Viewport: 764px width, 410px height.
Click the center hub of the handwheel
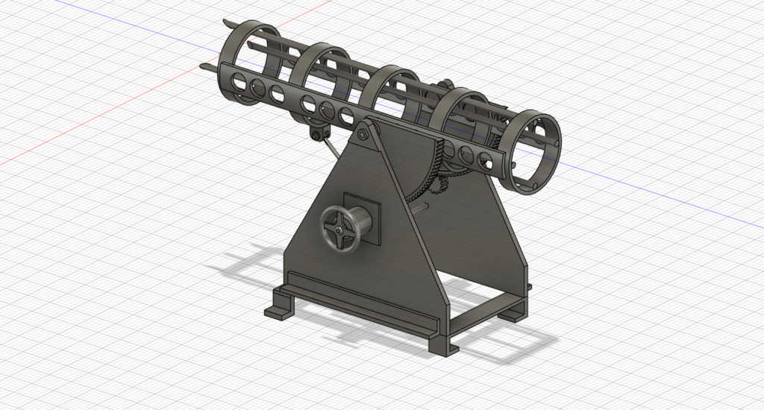[339, 229]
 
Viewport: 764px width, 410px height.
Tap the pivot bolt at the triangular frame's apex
[362, 135]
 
